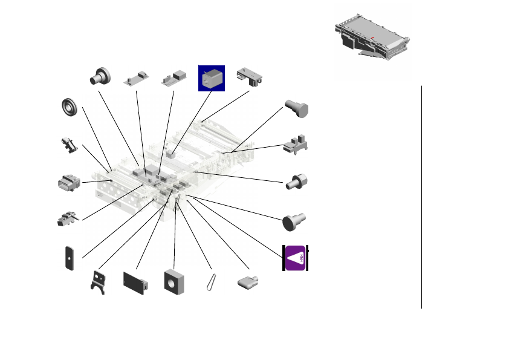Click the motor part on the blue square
coord(212,78)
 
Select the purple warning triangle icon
coord(296,258)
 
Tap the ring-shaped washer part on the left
coord(71,107)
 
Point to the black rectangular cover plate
coord(135,283)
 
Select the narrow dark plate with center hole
coord(70,258)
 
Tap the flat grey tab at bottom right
coord(248,282)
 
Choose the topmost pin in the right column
coord(296,110)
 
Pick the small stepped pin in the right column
coord(297,181)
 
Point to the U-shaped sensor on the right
coord(296,145)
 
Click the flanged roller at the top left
coord(101,76)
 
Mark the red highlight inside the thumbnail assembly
coord(374,38)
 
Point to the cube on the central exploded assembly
coord(172,154)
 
